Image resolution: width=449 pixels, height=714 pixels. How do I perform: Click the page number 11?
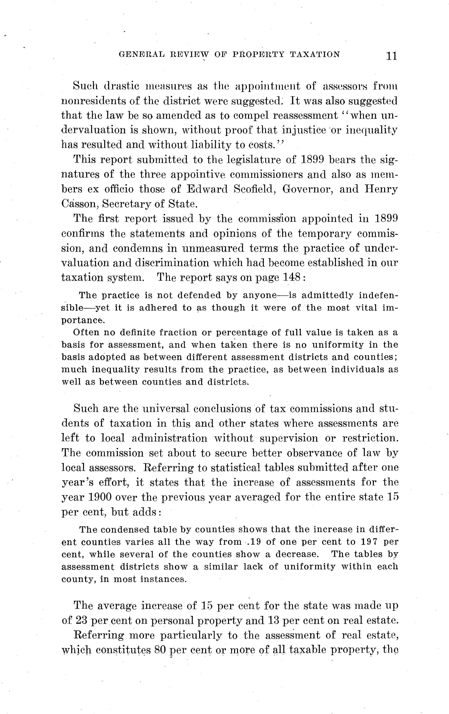point(391,56)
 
